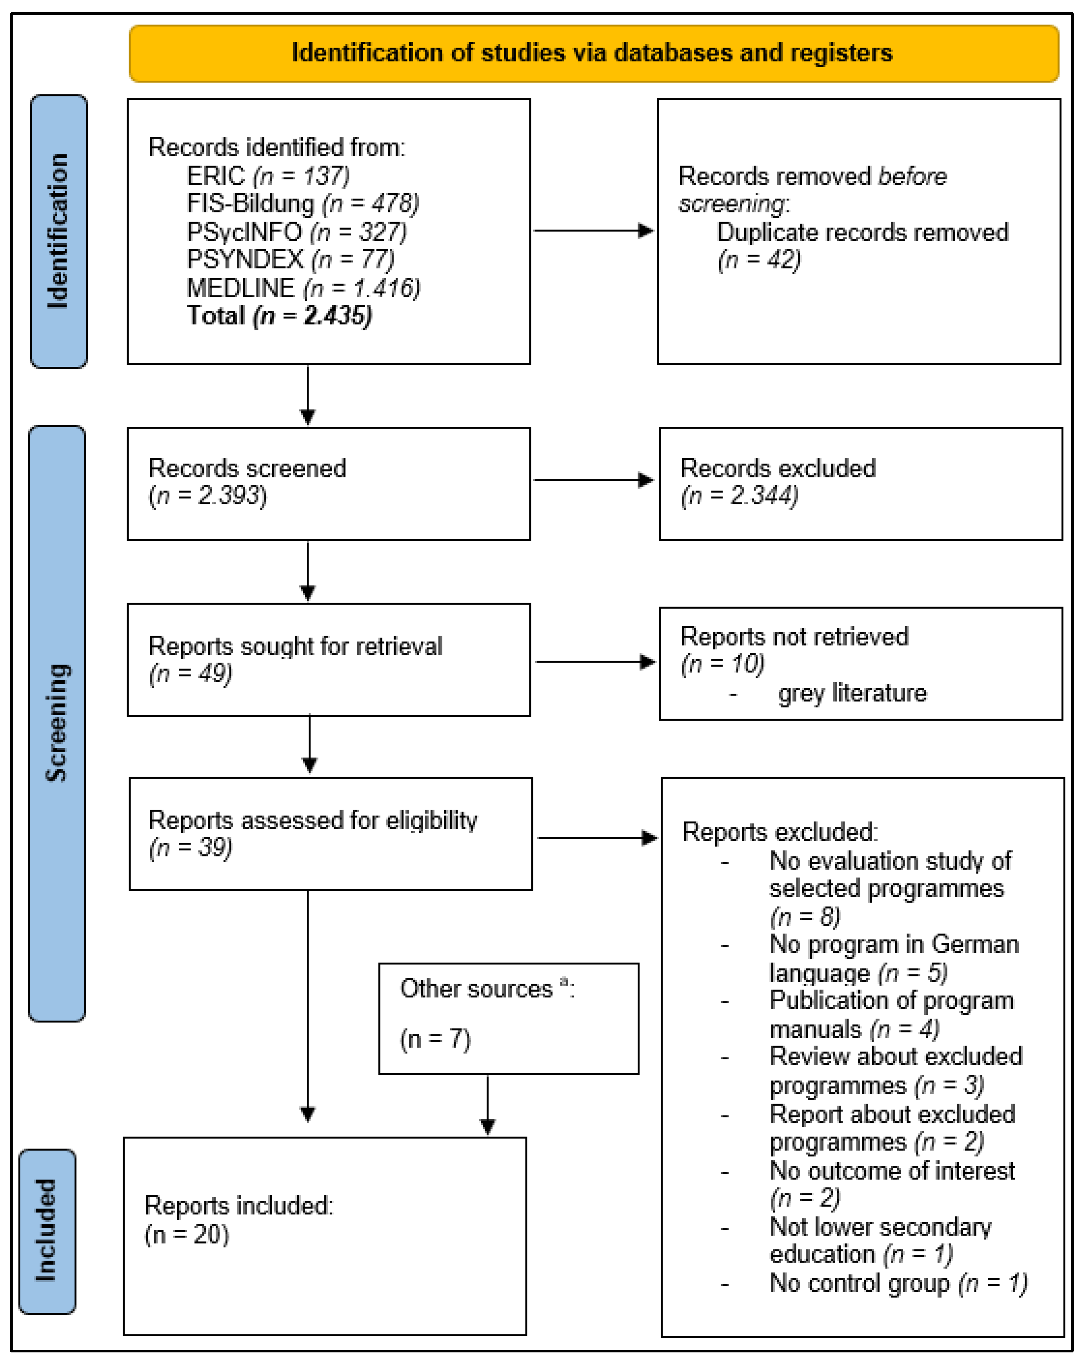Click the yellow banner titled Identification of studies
593,53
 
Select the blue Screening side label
57,723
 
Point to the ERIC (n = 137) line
268,176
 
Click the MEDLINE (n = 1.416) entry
303,288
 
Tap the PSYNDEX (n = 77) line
290,260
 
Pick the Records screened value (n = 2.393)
207,496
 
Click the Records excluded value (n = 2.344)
739,496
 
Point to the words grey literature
852,693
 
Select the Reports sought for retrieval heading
295,646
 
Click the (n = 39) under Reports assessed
190,847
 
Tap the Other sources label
477,989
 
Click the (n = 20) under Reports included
186,1234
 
